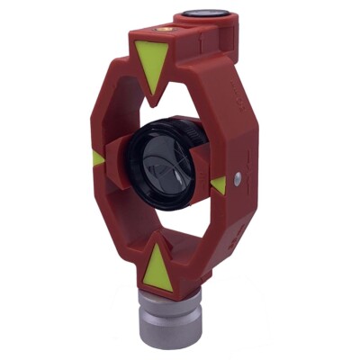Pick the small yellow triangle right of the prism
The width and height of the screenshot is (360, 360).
tap(218, 184)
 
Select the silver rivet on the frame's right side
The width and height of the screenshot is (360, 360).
tap(236, 177)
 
